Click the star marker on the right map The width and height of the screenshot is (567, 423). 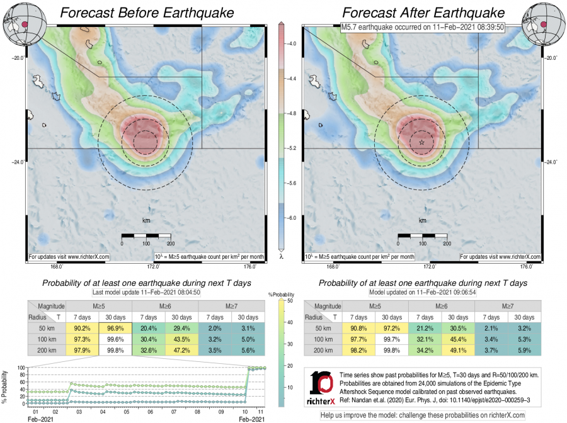tap(421, 143)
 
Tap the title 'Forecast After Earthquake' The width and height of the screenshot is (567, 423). tap(423, 12)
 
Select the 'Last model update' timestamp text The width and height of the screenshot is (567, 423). tap(147, 293)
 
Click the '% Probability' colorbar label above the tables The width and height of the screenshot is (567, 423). tap(282, 295)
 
